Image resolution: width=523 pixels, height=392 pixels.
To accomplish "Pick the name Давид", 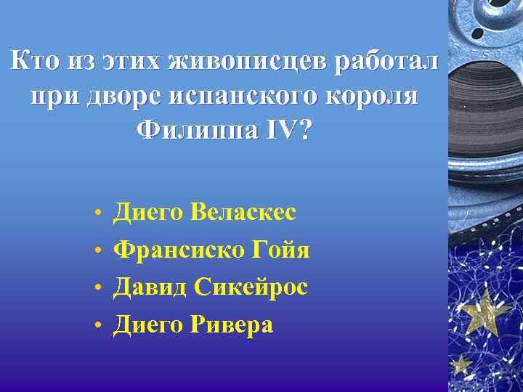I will (150, 287).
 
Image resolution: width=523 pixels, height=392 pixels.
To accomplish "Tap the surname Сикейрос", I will (251, 287).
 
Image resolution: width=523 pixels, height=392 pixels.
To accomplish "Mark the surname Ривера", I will (232, 325).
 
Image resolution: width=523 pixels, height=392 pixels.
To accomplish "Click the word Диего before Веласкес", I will (148, 212).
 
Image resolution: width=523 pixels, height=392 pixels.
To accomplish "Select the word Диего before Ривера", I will (148, 325).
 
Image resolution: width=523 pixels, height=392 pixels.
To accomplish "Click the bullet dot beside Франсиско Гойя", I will (97, 252).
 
